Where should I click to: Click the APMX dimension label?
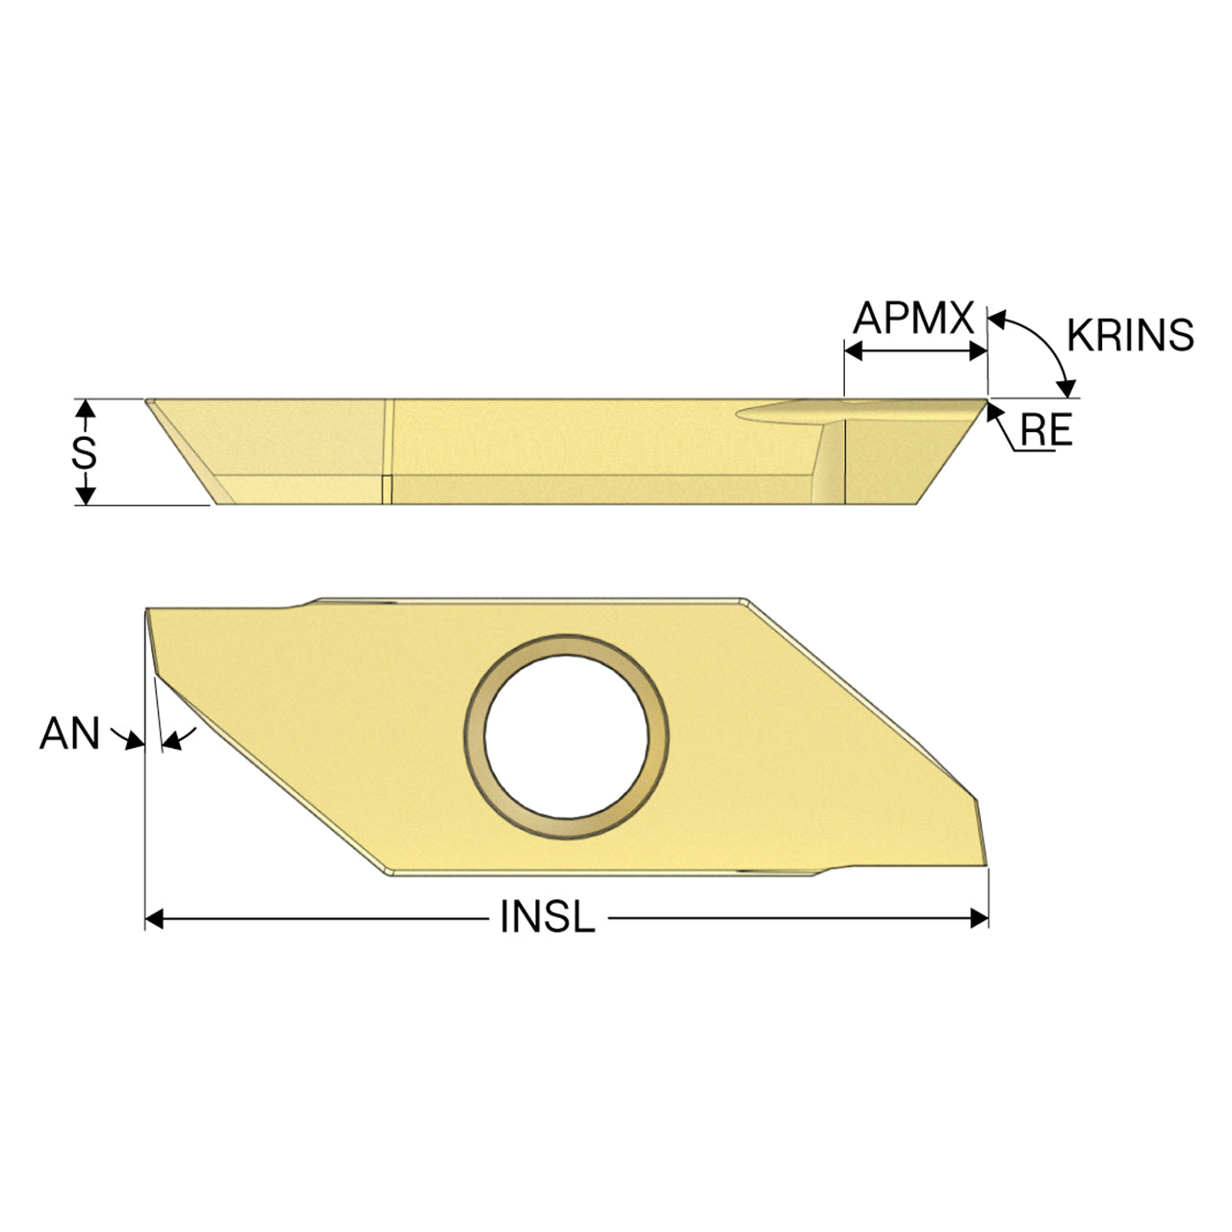pos(913,318)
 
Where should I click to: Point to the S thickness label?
pos(84,452)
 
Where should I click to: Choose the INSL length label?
pos(548,916)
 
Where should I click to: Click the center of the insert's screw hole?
pos(566,737)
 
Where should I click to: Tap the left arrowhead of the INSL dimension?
pos(154,919)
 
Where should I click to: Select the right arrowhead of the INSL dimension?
pos(979,919)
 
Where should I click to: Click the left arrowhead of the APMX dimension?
pos(854,351)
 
